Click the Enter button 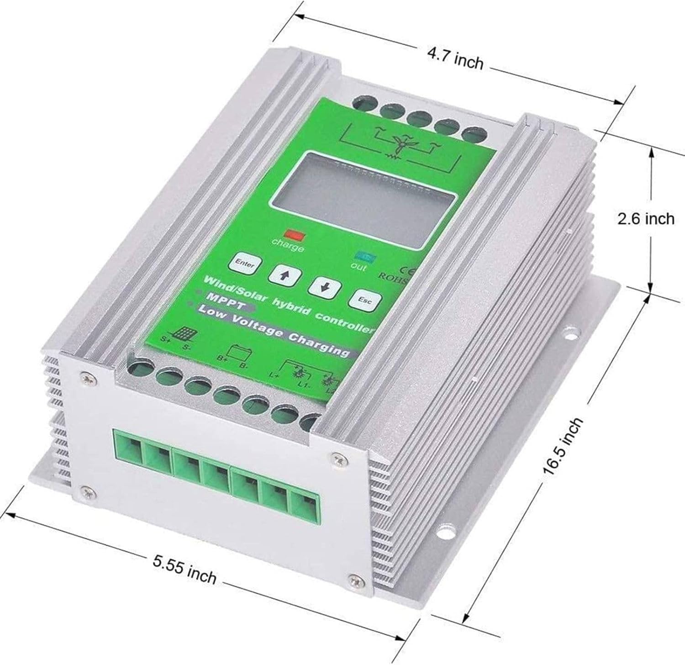(245, 264)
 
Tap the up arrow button (285, 275)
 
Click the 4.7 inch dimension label (455, 60)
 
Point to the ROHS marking (392, 276)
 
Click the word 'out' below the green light (358, 266)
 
